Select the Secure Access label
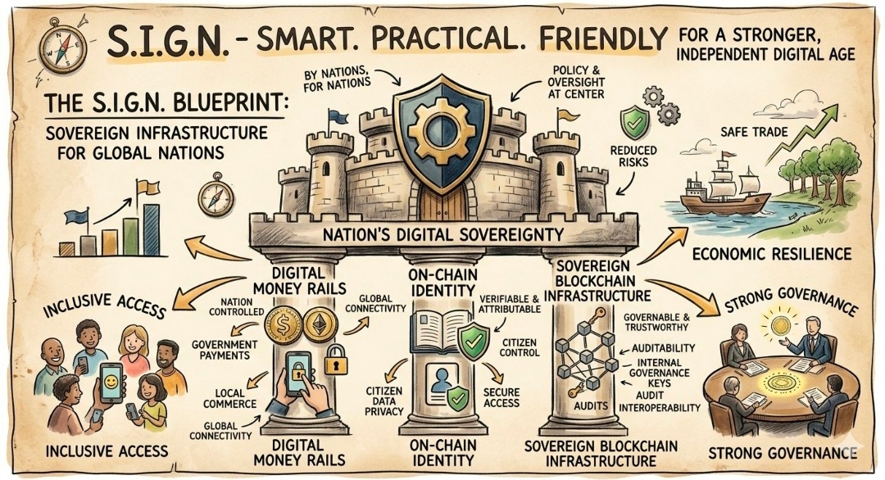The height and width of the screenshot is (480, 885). tap(500, 396)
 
